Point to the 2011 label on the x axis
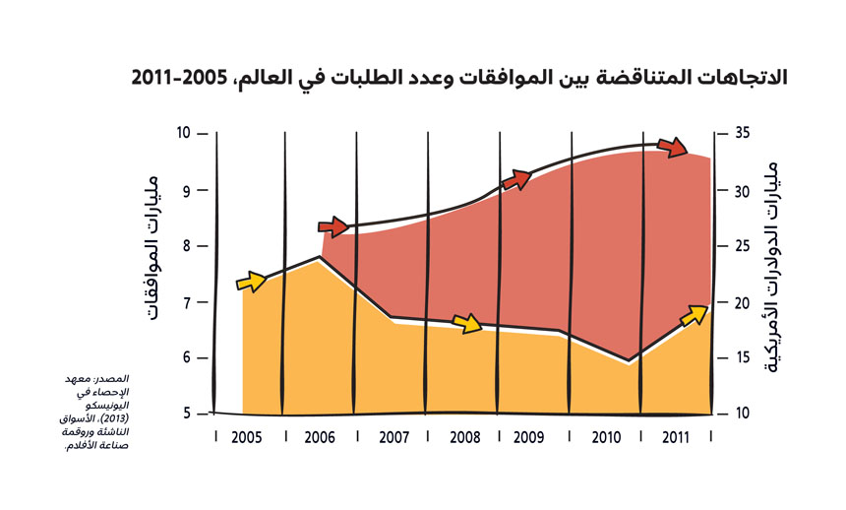pos(677,436)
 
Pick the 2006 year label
pos(321,436)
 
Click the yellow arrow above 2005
pos(252,283)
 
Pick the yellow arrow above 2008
pos(466,321)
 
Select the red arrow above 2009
pos(516,179)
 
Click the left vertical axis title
pos(155,246)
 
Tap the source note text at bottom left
pos(99,411)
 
